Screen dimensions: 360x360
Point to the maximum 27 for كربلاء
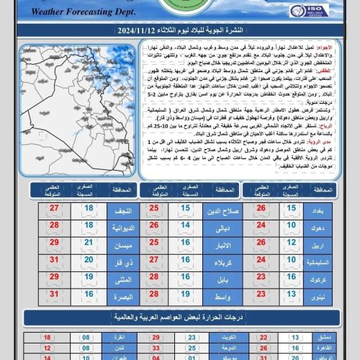154,261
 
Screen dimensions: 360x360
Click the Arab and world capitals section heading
180,317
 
